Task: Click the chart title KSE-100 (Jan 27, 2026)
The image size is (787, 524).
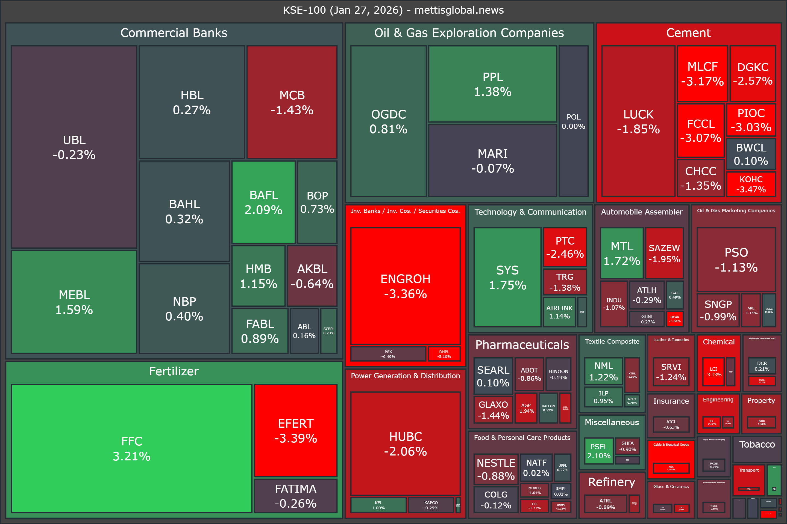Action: (393, 10)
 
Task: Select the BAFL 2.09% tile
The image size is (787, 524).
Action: (263, 202)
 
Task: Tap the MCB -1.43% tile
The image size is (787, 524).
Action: (292, 102)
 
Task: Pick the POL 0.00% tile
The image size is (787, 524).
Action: (573, 121)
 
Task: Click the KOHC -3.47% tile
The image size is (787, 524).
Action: (751, 184)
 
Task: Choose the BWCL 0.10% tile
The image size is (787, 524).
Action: (751, 154)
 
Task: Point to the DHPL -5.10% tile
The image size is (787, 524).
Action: (444, 354)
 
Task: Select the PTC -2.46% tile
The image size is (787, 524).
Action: (565, 247)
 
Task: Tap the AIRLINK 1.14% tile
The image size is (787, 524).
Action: (559, 312)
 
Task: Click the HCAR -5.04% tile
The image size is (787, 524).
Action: (675, 319)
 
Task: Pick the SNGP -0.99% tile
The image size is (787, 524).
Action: (718, 310)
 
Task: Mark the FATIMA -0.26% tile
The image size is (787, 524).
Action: (295, 496)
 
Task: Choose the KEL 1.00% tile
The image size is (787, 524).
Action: (378, 505)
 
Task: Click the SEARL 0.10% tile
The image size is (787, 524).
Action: (493, 376)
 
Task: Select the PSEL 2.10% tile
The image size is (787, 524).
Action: (599, 451)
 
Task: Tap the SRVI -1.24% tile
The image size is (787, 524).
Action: (671, 372)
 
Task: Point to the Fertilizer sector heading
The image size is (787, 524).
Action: (174, 371)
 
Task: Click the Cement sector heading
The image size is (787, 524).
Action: (688, 33)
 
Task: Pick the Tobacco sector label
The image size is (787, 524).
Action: (757, 444)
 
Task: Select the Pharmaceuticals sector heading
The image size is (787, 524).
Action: (522, 344)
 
